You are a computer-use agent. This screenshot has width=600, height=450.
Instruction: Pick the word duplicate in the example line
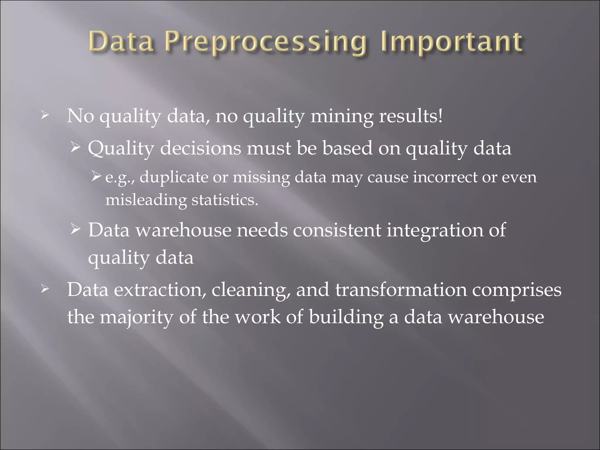point(174,178)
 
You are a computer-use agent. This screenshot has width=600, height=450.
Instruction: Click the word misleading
point(146,200)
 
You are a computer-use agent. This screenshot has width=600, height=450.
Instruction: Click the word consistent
point(337,230)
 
